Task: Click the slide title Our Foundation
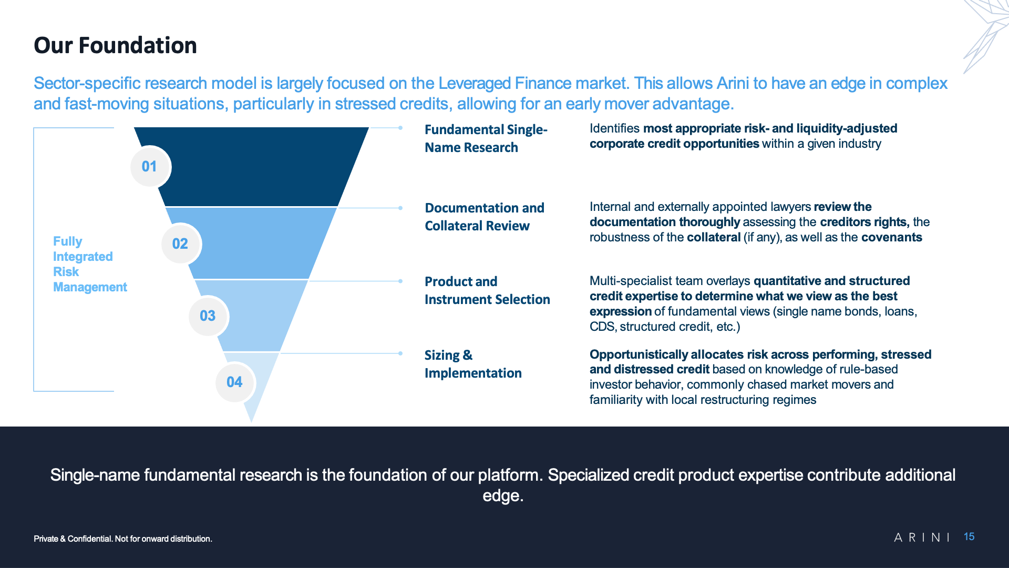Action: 115,45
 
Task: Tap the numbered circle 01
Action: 150,167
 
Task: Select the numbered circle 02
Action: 181,244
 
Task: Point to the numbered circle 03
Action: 208,316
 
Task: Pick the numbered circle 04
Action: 235,382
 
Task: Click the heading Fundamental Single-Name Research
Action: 486,138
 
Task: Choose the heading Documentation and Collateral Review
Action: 485,217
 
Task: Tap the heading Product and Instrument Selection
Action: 487,290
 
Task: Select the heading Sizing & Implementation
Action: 473,364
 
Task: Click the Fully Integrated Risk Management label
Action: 90,264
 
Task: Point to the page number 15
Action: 969,536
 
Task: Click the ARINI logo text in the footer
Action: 922,537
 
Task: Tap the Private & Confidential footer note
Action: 123,539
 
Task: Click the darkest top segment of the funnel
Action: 251,167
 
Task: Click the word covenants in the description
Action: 892,237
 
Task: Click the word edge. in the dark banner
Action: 503,496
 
